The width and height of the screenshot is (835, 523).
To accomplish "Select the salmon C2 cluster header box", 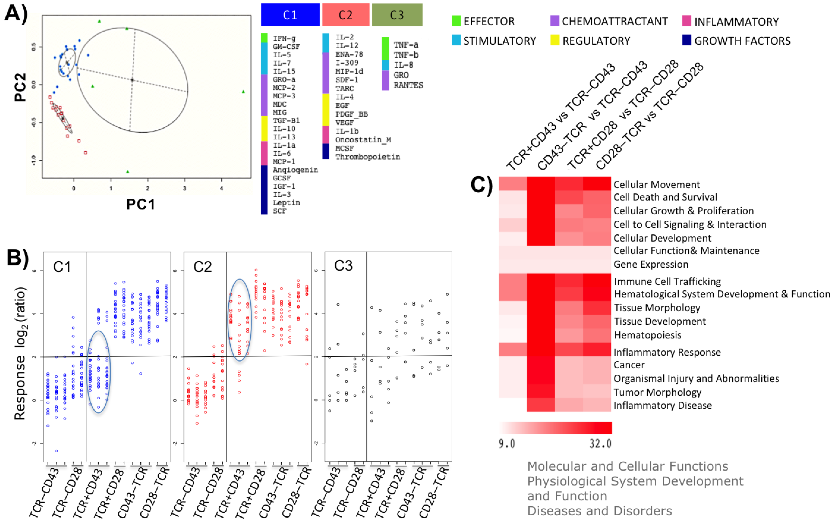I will (345, 15).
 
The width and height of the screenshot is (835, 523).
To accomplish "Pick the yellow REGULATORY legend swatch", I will (555, 40).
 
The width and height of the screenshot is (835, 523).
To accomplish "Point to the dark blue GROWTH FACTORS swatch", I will (686, 40).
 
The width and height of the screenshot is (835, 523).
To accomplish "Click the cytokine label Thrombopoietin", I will (368, 157).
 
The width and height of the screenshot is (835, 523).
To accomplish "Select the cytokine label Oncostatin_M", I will (363, 140).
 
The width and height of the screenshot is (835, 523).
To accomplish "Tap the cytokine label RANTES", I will (408, 85).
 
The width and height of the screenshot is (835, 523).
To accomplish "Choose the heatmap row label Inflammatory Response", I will (667, 352).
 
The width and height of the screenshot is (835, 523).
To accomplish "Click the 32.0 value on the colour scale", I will (600, 443).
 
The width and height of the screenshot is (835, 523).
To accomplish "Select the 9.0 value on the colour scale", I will (507, 443).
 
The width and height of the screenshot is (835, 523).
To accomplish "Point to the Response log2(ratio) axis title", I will (20, 353).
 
